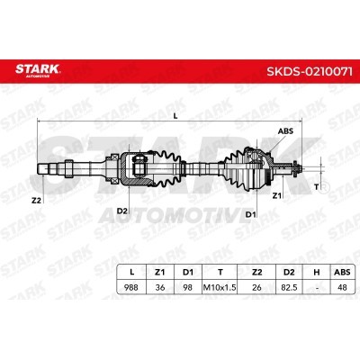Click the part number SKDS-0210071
pyautogui.click(x=310, y=72)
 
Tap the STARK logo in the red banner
pyautogui.click(x=38, y=70)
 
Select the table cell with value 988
pyautogui.click(x=131, y=287)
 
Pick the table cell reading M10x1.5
pyautogui.click(x=220, y=287)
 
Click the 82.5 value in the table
pyautogui.click(x=289, y=287)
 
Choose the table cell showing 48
pyautogui.click(x=342, y=287)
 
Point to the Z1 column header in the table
pyautogui.click(x=159, y=272)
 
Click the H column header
pyautogui.click(x=317, y=272)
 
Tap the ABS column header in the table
pyautogui.click(x=342, y=272)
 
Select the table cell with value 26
pyautogui.click(x=256, y=287)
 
